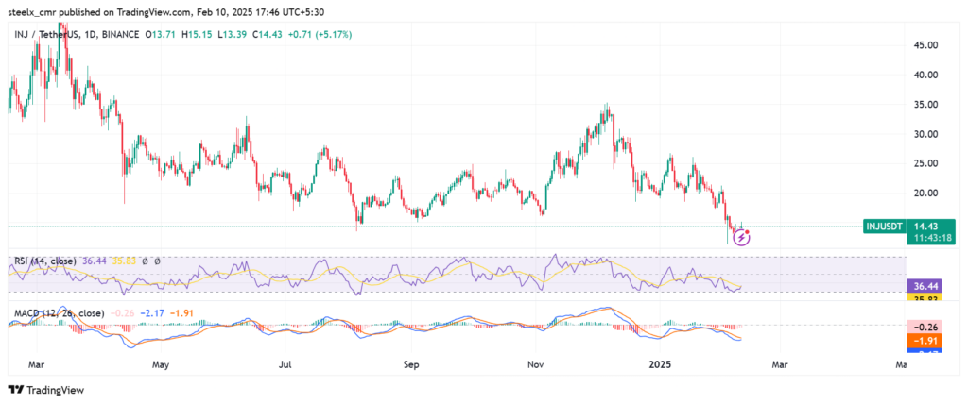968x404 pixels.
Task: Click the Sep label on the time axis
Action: tap(410, 363)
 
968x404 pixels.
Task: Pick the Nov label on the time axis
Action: tap(536, 363)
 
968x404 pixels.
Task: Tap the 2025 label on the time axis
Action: tap(658, 363)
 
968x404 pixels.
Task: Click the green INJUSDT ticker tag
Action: tap(885, 226)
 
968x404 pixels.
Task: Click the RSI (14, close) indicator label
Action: tap(43, 260)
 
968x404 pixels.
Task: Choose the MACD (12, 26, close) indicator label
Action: tap(56, 312)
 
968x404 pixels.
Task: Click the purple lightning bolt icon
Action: tap(742, 237)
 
